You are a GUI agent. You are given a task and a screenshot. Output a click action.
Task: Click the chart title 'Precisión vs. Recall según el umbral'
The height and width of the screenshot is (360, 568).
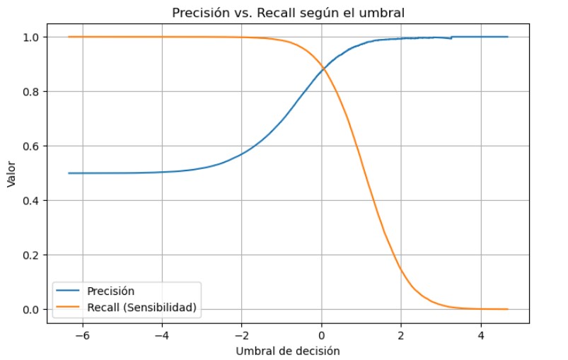click(288, 12)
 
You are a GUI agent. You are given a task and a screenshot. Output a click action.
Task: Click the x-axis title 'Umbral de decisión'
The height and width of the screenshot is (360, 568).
click(288, 351)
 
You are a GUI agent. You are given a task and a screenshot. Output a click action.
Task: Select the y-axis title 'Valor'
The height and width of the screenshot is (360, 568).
click(11, 173)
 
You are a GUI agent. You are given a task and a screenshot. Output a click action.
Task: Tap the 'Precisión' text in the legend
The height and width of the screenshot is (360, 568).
click(110, 291)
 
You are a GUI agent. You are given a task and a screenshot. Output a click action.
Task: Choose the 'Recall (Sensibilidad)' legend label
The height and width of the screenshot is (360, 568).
click(141, 307)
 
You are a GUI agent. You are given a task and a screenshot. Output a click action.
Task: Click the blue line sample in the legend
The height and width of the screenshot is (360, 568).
click(69, 291)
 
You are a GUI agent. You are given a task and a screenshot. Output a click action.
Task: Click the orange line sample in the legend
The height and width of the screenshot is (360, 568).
click(69, 307)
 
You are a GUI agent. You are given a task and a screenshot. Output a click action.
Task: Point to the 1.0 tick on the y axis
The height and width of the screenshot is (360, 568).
click(35, 37)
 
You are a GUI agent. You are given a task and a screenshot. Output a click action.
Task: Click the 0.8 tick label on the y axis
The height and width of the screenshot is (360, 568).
click(35, 91)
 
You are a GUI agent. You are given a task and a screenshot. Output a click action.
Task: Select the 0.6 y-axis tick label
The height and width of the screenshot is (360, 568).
click(35, 146)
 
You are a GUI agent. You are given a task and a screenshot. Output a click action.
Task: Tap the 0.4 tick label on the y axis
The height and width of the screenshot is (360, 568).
click(35, 201)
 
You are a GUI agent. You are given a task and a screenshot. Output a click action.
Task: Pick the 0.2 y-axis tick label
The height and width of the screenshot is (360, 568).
click(35, 255)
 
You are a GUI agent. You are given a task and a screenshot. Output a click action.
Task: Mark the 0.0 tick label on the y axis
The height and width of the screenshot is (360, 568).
click(35, 310)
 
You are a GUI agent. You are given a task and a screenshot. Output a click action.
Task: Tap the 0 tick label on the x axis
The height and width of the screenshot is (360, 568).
click(321, 335)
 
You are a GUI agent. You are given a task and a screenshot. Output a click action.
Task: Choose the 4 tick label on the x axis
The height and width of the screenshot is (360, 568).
click(481, 335)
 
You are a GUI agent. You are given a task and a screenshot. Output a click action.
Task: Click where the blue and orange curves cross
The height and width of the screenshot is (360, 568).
click(324, 69)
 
